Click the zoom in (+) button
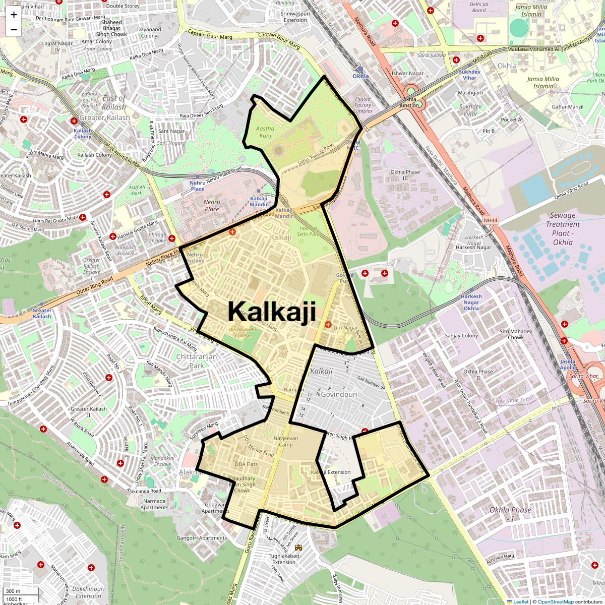point(14,15)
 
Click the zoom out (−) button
point(14,29)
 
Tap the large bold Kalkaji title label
point(272,311)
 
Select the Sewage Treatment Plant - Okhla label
point(563,228)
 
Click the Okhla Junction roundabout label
point(409,102)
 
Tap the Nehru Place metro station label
point(198,186)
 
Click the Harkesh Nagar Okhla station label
point(471,302)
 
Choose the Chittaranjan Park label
point(197,361)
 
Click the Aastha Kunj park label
point(265,132)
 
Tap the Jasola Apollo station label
point(567,365)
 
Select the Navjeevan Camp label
point(286,441)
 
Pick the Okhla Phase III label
point(405,175)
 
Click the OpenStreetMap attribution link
point(555,601)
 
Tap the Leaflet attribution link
point(521,601)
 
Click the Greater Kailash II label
point(89,412)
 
